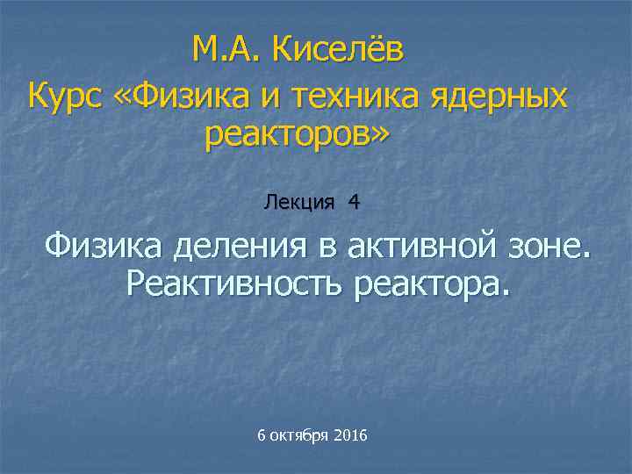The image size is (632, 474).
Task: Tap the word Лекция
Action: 298,203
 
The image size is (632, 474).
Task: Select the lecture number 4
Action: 353,203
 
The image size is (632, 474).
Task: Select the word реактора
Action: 431,284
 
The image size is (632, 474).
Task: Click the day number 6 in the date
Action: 262,436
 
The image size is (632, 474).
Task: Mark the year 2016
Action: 351,436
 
